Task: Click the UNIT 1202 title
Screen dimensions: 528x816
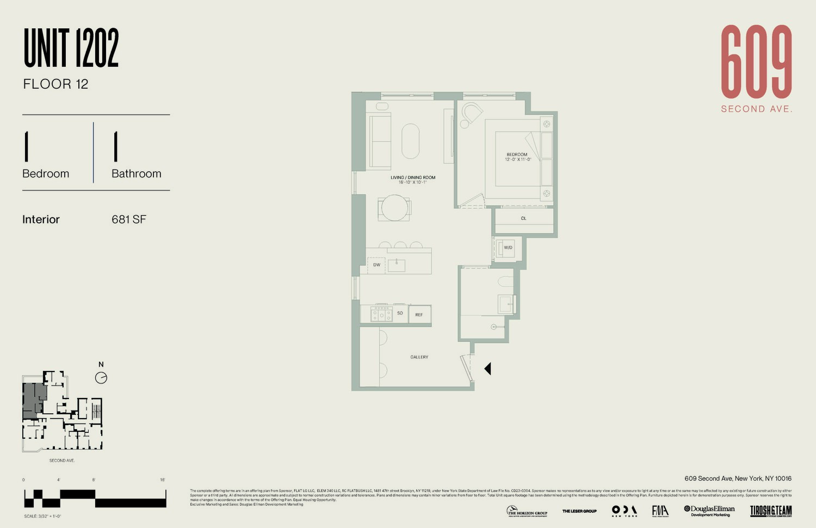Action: point(71,48)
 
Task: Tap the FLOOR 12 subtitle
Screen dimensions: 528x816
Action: point(55,84)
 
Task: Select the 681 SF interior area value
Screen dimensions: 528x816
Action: point(129,220)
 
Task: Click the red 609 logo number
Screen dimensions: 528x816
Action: point(756,62)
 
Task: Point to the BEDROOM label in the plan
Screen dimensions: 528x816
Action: point(517,154)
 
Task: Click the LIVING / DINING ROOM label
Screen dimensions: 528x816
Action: point(413,178)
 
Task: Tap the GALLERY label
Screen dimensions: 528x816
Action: point(419,357)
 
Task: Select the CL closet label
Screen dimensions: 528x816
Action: point(523,219)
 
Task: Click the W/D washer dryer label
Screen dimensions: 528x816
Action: point(508,248)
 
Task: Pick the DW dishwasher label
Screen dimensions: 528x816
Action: point(376,265)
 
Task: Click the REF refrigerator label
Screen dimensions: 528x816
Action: point(419,315)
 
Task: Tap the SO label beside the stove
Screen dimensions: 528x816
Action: point(400,313)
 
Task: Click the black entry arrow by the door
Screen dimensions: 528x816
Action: point(487,369)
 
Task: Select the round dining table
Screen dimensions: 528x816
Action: point(394,208)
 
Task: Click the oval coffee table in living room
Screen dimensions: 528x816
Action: point(411,141)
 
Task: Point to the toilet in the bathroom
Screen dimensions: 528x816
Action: point(505,281)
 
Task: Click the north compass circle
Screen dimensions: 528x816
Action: point(101,378)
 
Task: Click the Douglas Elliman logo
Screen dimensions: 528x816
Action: point(709,511)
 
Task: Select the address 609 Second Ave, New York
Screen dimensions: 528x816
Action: point(738,479)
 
